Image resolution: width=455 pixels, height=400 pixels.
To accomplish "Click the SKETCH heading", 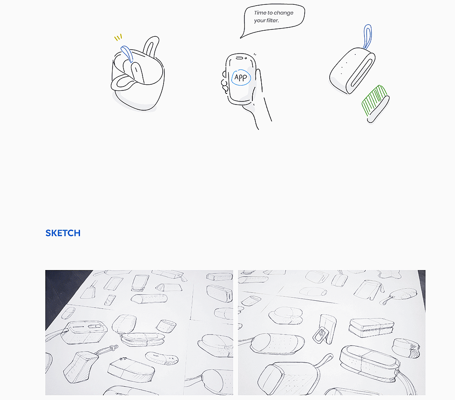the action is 63,233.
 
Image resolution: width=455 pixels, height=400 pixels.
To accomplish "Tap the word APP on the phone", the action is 240,77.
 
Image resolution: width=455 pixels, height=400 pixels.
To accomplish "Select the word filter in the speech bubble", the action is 272,20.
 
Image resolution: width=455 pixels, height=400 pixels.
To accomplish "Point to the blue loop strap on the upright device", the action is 368,37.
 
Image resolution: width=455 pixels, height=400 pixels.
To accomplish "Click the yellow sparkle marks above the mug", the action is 118,37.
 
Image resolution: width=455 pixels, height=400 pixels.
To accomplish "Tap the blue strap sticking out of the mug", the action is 127,54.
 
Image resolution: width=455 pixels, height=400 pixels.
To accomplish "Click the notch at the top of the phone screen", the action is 240,58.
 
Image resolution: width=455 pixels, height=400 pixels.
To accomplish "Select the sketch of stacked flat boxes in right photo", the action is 371,327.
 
